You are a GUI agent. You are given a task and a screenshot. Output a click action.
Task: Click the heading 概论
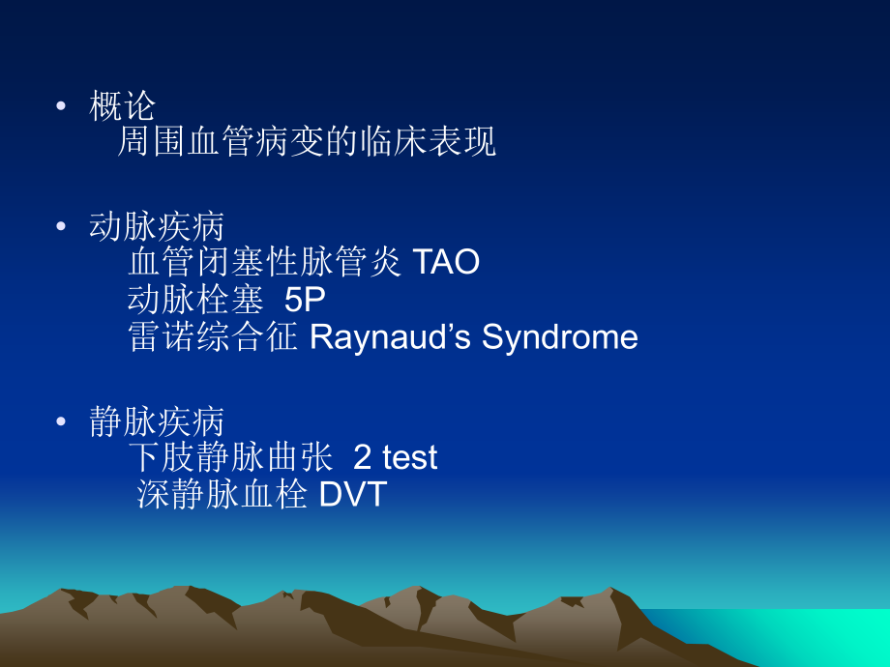122,105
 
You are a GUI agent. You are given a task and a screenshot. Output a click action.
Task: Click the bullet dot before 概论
62,105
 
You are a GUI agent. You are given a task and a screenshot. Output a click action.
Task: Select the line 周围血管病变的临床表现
306,141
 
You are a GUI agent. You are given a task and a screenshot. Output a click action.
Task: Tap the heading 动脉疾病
156,226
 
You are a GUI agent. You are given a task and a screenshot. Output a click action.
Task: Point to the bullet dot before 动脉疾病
62,226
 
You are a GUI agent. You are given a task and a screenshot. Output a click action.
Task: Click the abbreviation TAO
446,263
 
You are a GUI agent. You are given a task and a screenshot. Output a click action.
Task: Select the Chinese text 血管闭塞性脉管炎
265,263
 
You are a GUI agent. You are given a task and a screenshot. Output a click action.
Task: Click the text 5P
305,300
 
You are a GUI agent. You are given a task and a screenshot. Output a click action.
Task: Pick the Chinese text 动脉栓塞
195,300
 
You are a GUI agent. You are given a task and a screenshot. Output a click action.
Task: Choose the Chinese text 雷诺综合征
213,337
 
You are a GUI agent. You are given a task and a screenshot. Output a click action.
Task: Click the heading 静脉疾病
156,420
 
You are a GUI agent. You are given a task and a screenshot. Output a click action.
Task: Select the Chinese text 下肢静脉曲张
229,457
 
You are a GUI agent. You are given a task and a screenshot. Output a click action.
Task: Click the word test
409,457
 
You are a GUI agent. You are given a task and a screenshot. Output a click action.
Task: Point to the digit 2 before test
363,457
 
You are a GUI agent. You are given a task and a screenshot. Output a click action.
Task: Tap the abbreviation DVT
352,494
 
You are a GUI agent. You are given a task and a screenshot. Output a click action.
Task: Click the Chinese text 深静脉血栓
222,494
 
